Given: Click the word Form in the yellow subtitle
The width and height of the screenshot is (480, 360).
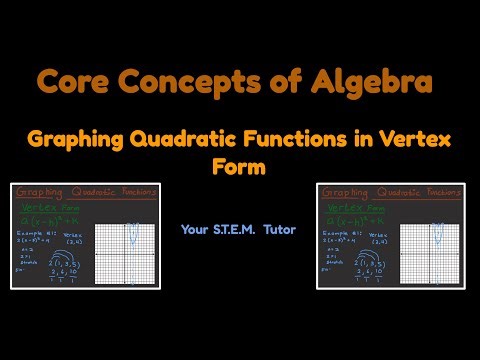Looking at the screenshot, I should tap(240, 167).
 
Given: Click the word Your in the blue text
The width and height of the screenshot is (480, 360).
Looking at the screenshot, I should tap(194, 229).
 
